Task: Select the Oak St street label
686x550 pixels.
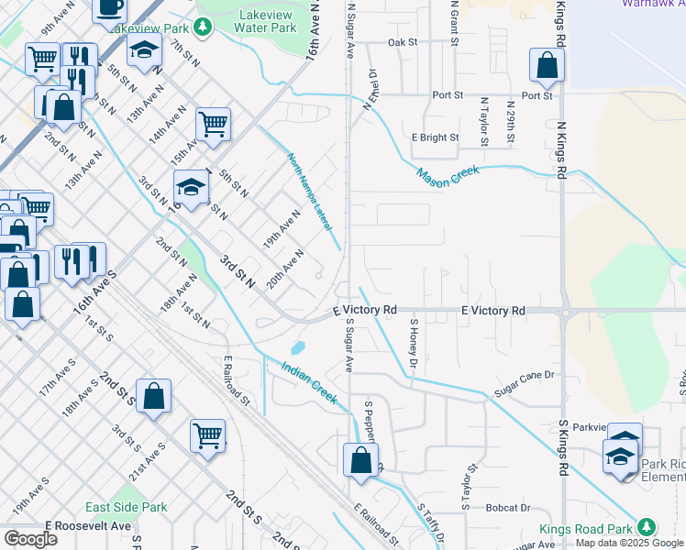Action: pyautogui.click(x=403, y=42)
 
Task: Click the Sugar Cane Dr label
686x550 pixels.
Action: pyautogui.click(x=525, y=375)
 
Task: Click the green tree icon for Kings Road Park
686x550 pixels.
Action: pyautogui.click(x=647, y=527)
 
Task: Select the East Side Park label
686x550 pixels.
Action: pyautogui.click(x=127, y=507)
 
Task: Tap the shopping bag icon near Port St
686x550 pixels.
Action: pyautogui.click(x=547, y=66)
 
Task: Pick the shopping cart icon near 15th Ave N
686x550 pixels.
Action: pyautogui.click(x=213, y=124)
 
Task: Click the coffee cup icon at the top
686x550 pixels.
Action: pyautogui.click(x=110, y=8)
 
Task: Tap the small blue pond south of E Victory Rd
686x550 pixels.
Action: pyautogui.click(x=298, y=348)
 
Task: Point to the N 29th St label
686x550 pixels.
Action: pyautogui.click(x=512, y=125)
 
